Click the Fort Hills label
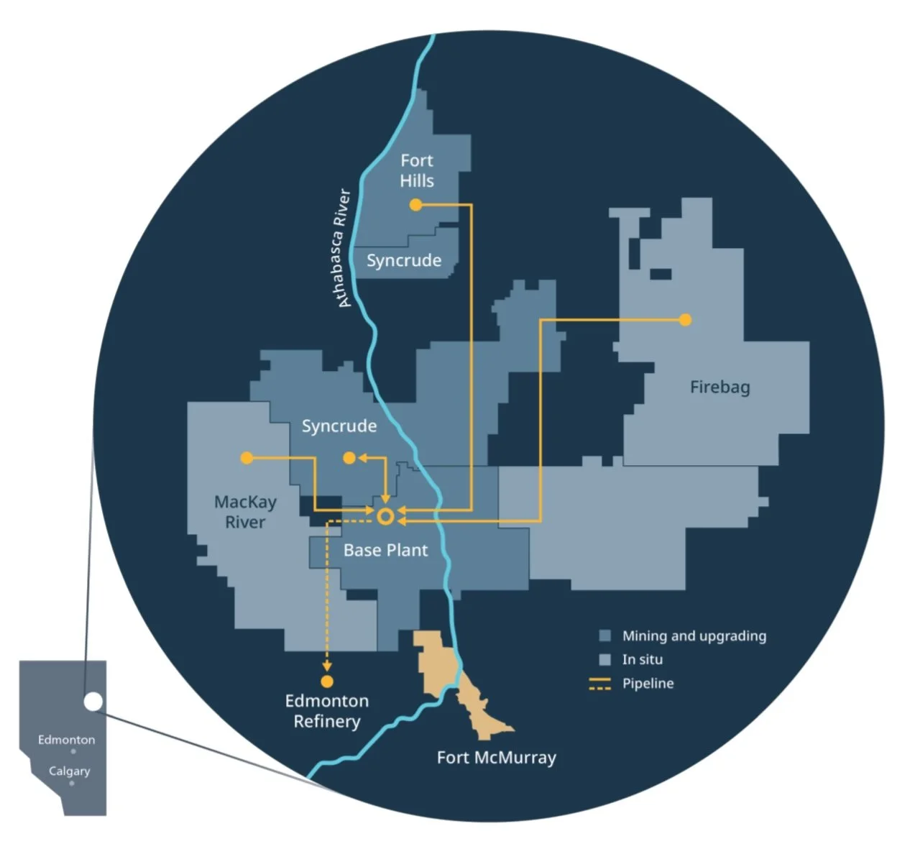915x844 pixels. [417, 170]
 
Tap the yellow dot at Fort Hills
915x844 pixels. [415, 205]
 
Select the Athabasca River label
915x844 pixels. [344, 248]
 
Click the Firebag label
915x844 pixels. [719, 387]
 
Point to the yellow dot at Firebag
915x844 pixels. [685, 320]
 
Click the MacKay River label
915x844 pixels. [245, 512]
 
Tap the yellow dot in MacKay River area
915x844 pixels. [247, 458]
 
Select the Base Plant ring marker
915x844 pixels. [385, 516]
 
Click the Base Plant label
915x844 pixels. [385, 551]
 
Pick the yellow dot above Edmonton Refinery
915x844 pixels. [327, 682]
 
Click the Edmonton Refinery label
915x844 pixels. [327, 711]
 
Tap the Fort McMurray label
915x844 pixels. [496, 758]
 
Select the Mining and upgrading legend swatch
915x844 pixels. [605, 636]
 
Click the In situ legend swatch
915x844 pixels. [605, 659]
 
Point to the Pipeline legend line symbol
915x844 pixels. [599, 684]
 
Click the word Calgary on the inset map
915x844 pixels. [69, 771]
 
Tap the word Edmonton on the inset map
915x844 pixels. [66, 740]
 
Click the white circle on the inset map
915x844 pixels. [93, 702]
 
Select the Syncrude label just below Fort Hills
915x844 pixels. [404, 260]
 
